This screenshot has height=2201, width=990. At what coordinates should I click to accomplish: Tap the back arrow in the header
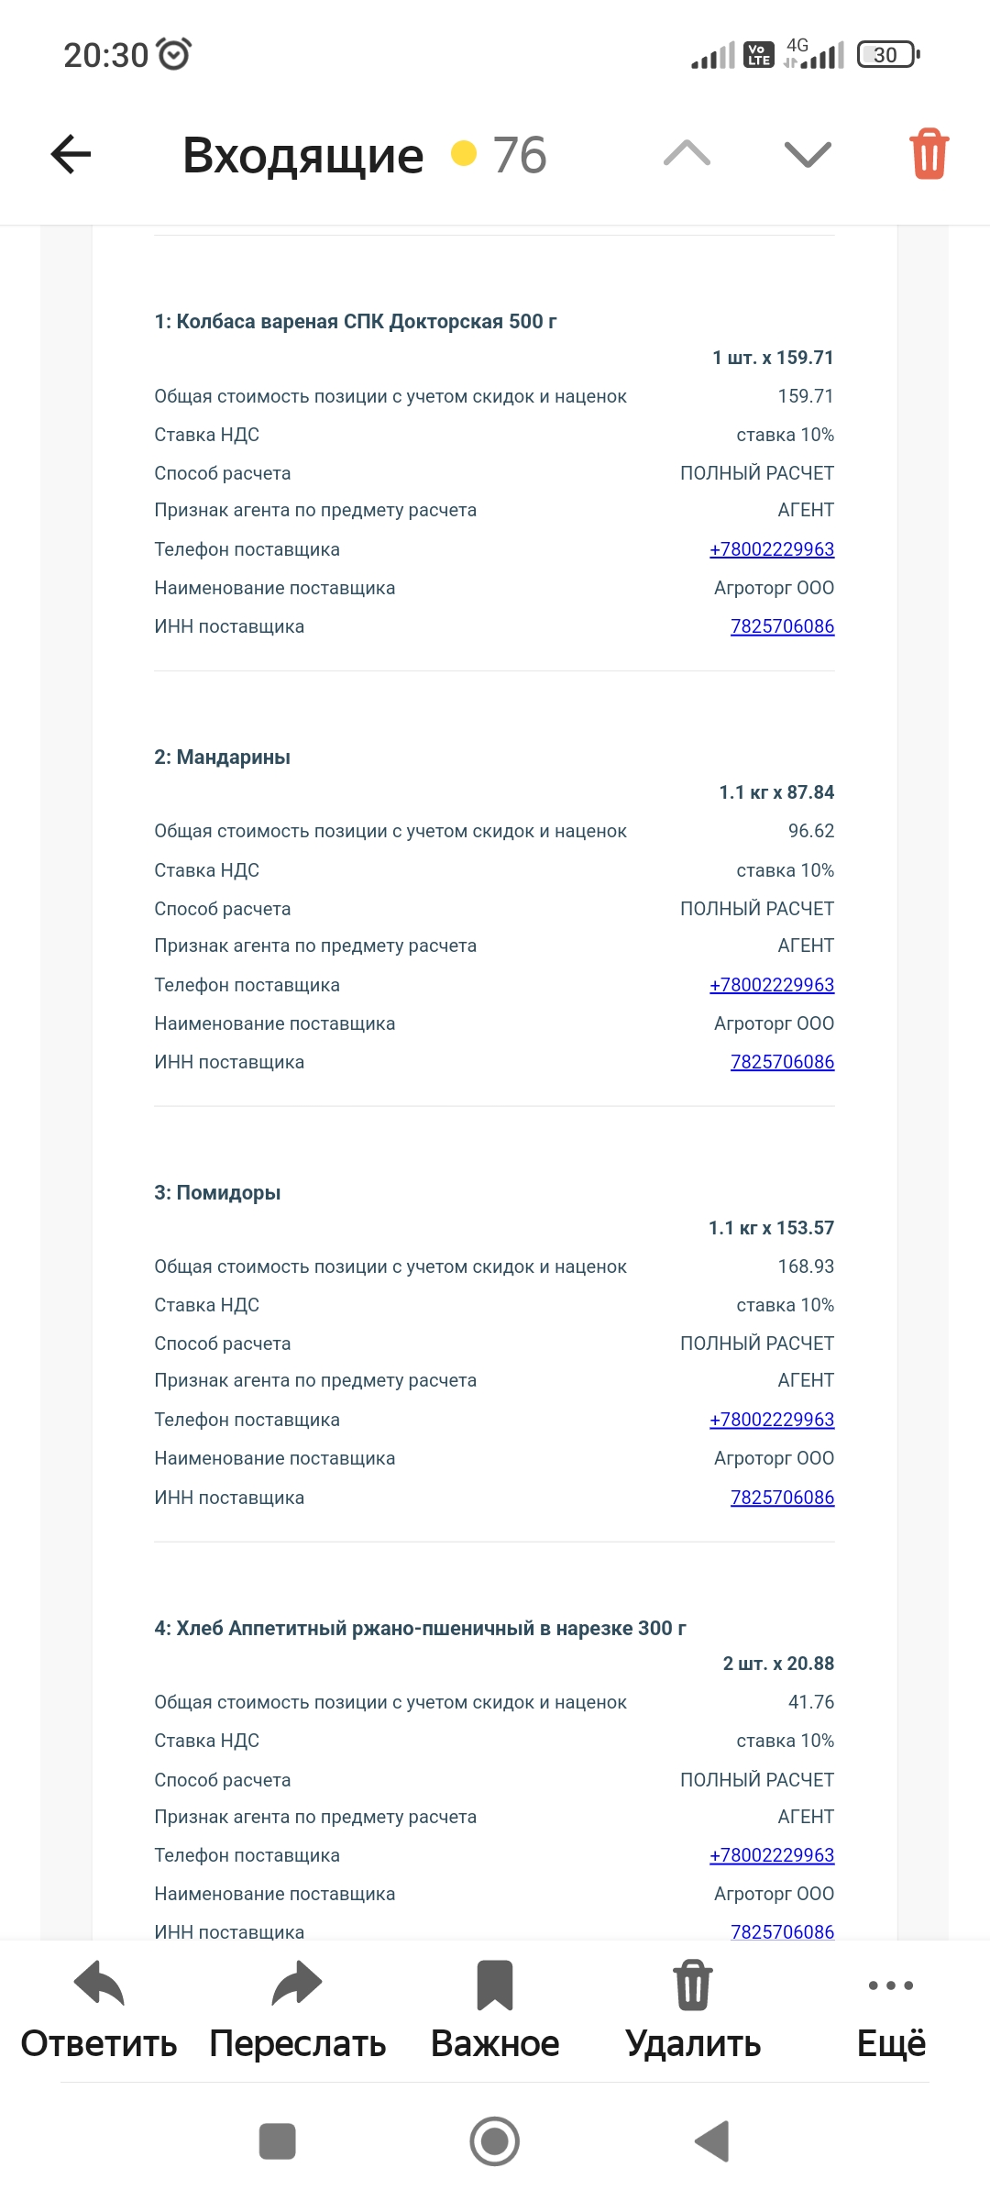(x=71, y=154)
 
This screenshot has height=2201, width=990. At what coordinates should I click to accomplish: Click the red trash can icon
(x=929, y=153)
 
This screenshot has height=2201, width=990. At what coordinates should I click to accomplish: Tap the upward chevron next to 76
(x=687, y=153)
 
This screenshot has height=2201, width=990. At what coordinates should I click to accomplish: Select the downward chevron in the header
(x=808, y=154)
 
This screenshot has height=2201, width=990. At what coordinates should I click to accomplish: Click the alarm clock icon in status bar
(x=174, y=54)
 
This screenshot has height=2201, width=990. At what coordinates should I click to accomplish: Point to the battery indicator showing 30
(x=886, y=55)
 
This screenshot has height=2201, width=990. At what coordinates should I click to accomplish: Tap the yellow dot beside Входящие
(x=464, y=153)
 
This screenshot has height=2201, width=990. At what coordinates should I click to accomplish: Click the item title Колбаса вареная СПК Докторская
(x=356, y=322)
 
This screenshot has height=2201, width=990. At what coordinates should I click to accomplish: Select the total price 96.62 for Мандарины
(x=811, y=831)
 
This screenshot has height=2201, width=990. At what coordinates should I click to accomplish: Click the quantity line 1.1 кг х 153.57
(x=771, y=1228)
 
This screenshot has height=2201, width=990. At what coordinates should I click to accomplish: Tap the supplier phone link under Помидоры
(x=772, y=1420)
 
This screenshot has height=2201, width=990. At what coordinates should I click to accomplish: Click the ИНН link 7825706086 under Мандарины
(x=782, y=1062)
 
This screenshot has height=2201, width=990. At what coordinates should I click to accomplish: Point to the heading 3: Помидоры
(x=217, y=1193)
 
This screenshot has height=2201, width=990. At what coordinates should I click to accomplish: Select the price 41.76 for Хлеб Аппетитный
(x=811, y=1702)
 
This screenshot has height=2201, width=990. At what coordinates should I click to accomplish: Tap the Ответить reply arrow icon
(x=99, y=1985)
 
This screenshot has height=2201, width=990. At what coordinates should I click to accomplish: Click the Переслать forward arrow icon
(x=297, y=1985)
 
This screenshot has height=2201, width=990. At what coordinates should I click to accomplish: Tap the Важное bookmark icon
(x=495, y=1985)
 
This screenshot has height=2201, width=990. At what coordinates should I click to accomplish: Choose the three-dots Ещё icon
(x=891, y=1985)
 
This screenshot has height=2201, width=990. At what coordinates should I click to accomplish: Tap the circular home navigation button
(x=495, y=2141)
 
